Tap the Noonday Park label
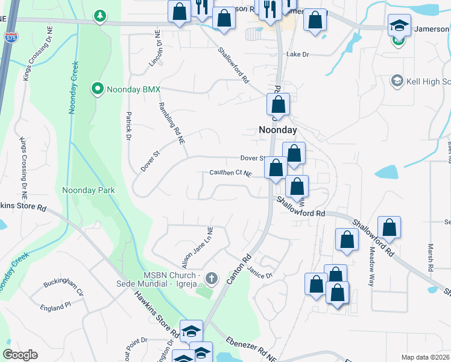click(x=89, y=190)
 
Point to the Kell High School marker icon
click(x=397, y=81)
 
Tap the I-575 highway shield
click(x=10, y=37)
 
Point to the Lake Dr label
click(x=297, y=54)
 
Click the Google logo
click(x=20, y=355)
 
